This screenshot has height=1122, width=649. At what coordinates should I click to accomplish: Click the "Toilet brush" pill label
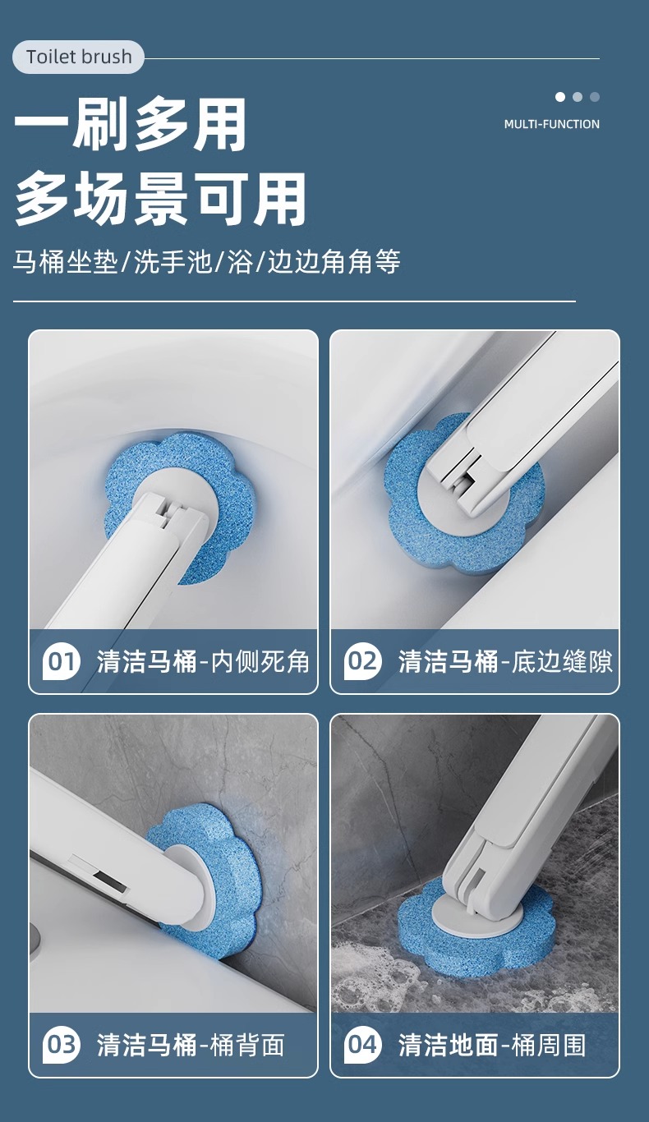(x=79, y=57)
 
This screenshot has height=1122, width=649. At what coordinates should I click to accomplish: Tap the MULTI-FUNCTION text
(x=551, y=124)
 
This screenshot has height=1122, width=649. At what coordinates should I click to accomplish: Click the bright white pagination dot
(x=560, y=97)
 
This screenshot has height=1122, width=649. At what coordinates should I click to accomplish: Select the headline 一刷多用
(x=131, y=125)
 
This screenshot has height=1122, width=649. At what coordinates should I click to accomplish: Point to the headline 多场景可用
(x=161, y=200)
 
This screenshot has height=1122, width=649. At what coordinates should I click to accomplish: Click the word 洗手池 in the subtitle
(x=173, y=263)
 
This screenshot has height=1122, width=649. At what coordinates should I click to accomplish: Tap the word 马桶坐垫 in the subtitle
(x=66, y=263)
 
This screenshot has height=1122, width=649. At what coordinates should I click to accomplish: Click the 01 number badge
(x=62, y=661)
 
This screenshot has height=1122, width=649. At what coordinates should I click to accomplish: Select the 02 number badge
(x=363, y=661)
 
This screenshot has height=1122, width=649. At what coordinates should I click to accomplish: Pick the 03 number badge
(x=62, y=1045)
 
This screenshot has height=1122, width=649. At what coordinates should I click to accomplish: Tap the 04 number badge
(x=363, y=1045)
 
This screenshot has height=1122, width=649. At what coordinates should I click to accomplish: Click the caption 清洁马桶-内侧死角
(x=203, y=661)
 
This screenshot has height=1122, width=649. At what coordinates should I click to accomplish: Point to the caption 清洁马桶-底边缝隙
(x=505, y=661)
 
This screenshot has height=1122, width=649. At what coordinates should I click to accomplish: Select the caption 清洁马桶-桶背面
(x=191, y=1045)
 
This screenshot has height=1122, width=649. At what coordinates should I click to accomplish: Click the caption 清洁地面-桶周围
(x=492, y=1045)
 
